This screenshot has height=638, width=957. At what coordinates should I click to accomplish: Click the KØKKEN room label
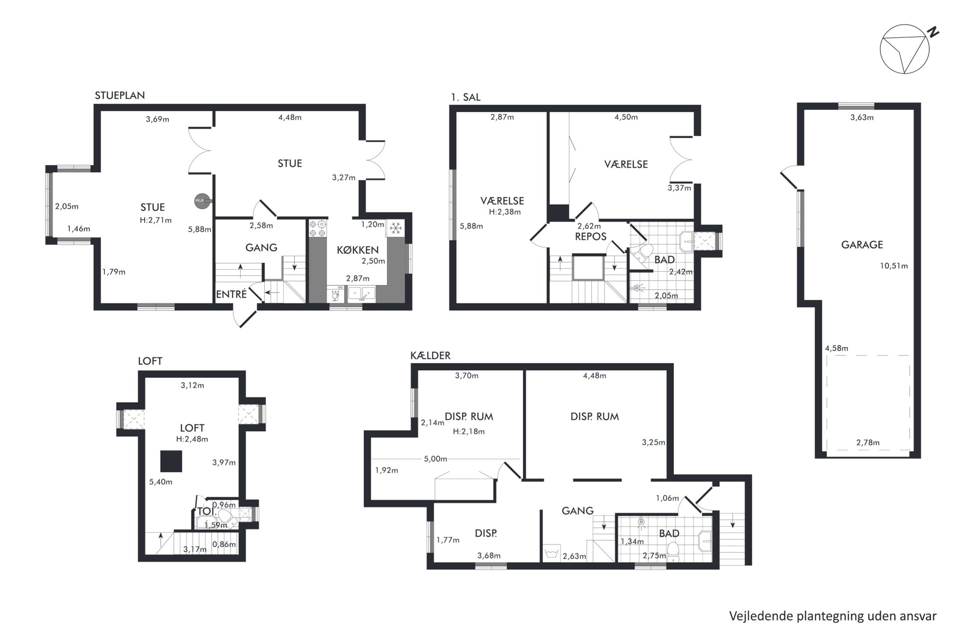point(357,250)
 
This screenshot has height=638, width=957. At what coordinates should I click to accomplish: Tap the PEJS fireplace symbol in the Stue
point(201,201)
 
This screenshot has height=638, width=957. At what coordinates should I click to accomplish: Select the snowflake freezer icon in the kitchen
point(396,228)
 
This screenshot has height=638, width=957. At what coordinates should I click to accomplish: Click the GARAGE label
point(862,244)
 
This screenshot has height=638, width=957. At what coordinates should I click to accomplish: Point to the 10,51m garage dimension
point(894,266)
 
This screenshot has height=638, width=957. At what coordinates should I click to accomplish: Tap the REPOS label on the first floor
point(590,237)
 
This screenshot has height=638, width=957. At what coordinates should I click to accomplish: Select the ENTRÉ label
point(232,294)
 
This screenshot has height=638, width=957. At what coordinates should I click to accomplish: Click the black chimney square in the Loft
point(171,461)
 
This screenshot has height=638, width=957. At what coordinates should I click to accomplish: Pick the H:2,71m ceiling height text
point(156,220)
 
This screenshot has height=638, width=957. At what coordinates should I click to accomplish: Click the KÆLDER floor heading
point(430,355)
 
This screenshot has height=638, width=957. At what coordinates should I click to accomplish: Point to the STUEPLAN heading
point(120,95)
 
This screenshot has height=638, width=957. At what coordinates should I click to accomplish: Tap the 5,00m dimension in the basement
point(436,459)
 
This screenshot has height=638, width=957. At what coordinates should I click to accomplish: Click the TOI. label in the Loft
point(206,511)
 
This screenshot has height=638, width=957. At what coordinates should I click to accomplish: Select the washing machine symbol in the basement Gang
point(550,552)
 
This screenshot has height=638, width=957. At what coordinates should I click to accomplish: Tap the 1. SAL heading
point(465,97)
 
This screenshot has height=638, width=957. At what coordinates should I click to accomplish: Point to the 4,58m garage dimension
point(837,348)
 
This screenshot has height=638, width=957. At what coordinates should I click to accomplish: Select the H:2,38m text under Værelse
point(505,212)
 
